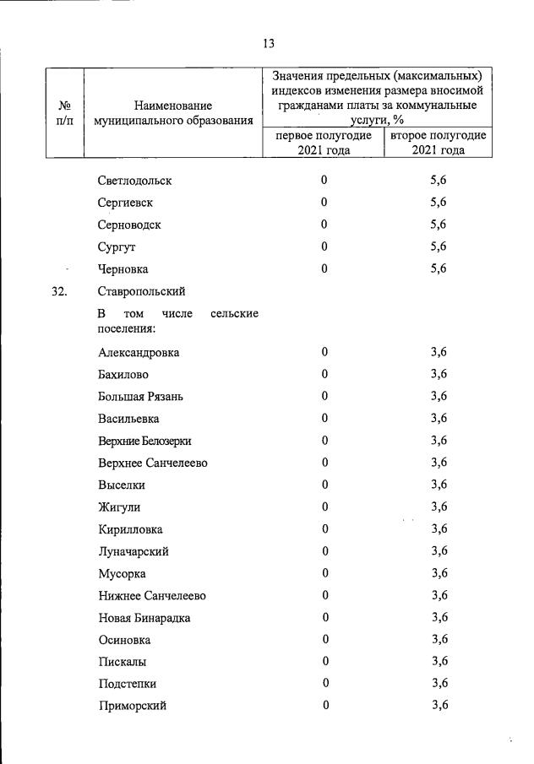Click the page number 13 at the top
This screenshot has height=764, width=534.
click(268, 44)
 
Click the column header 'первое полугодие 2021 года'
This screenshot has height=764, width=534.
click(324, 143)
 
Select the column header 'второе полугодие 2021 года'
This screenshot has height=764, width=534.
click(438, 143)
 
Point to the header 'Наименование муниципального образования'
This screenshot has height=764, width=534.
click(173, 113)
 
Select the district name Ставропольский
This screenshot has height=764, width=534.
click(141, 292)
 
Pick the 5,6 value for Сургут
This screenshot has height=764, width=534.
click(438, 247)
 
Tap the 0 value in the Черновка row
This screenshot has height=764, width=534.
click(324, 268)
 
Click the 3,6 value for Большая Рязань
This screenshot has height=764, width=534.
click(439, 396)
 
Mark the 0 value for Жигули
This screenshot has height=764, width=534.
click(324, 507)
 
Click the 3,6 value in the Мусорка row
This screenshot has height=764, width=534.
click(439, 573)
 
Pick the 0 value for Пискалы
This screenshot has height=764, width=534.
click(324, 661)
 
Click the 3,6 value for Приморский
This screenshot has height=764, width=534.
click(439, 706)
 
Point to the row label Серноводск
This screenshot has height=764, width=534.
click(129, 225)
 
